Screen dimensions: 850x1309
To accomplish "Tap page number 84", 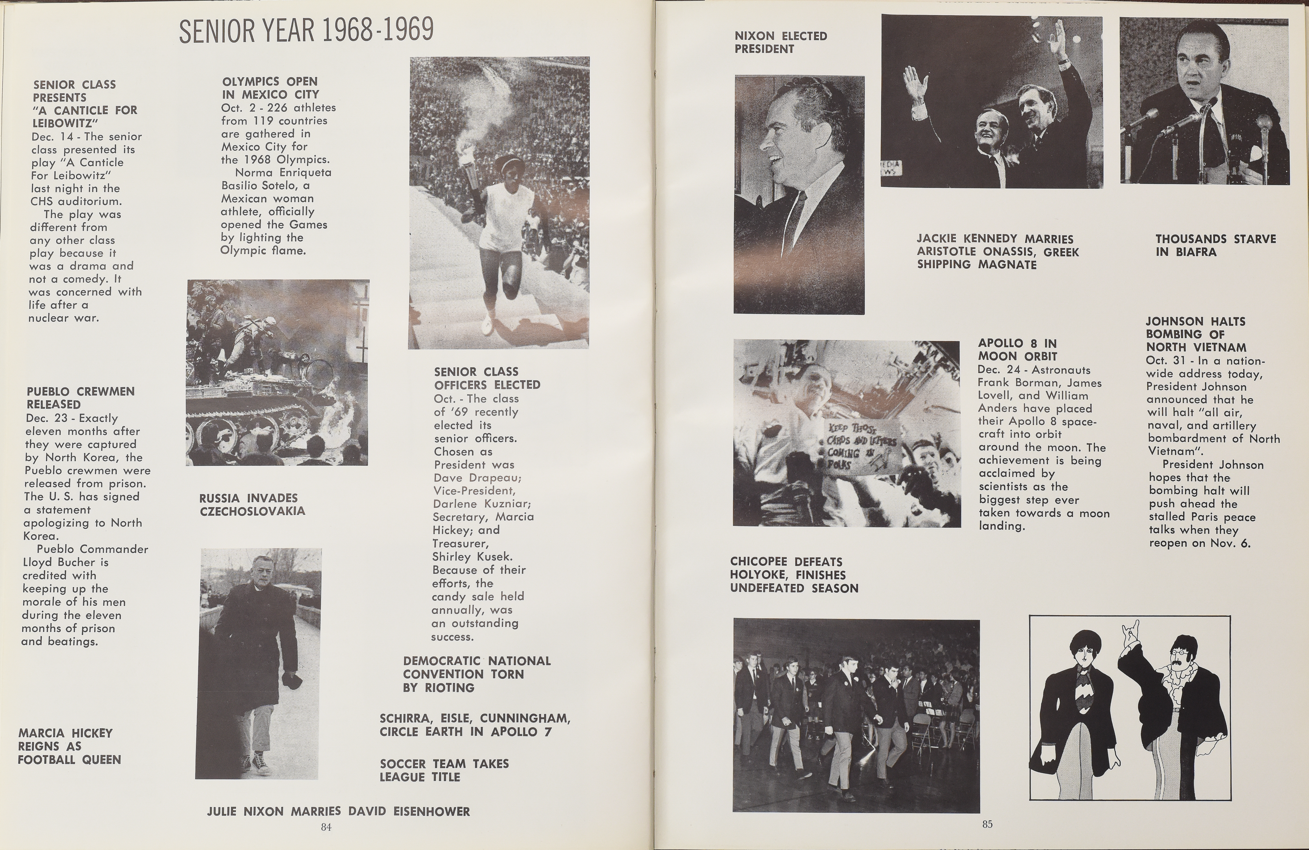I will tap(326, 827).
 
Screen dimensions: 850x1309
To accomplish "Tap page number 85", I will tap(987, 824).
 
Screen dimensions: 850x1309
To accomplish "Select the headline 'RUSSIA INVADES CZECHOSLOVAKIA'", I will tap(252, 504).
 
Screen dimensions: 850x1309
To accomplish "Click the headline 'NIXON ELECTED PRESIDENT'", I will tap(780, 42).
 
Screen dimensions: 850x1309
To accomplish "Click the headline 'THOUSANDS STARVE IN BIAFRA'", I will tap(1215, 245).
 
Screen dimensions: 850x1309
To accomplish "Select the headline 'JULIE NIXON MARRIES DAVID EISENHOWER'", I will tap(338, 812).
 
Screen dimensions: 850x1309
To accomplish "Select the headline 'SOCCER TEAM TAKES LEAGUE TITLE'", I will tap(444, 770).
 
